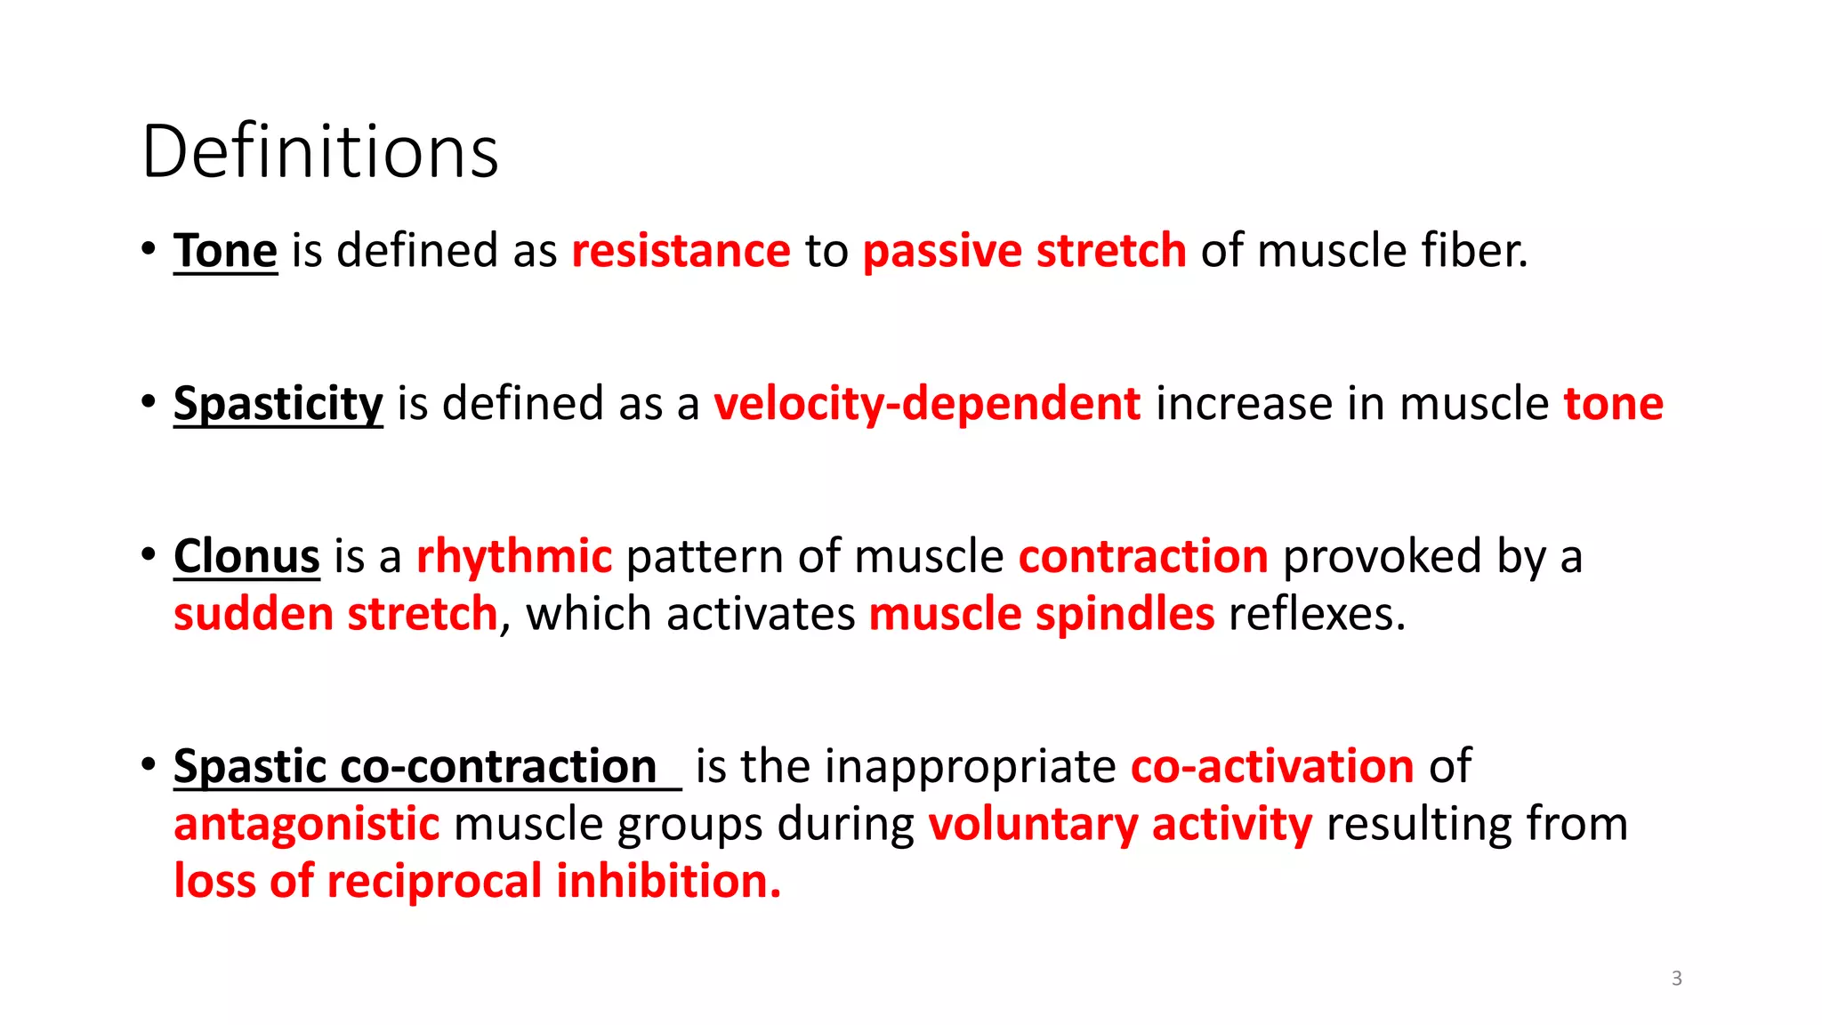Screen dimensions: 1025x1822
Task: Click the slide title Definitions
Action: (320, 152)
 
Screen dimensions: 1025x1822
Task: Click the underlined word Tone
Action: (225, 251)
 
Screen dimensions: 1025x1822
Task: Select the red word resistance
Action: (681, 251)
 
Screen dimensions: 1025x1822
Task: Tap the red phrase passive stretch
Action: (1024, 251)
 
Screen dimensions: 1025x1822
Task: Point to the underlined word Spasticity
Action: (278, 404)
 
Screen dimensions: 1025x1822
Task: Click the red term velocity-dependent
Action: (927, 404)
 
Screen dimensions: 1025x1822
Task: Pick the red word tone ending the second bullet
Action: (1613, 404)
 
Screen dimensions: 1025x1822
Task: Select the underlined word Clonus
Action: (246, 557)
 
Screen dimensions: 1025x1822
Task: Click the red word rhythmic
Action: (514, 557)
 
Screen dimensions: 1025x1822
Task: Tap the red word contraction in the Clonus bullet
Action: (1143, 557)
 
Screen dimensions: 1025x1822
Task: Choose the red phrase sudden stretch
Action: (335, 615)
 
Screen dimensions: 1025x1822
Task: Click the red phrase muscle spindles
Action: (1041, 615)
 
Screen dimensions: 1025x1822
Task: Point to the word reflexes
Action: (1317, 615)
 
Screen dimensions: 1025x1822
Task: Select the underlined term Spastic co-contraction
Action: (415, 767)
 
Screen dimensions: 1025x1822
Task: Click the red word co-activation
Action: (1272, 767)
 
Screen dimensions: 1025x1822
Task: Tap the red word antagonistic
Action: (307, 824)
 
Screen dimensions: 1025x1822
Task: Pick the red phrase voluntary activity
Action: (1120, 824)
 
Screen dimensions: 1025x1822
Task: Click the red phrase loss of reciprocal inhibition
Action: (477, 882)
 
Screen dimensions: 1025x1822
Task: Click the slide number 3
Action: (1676, 979)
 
